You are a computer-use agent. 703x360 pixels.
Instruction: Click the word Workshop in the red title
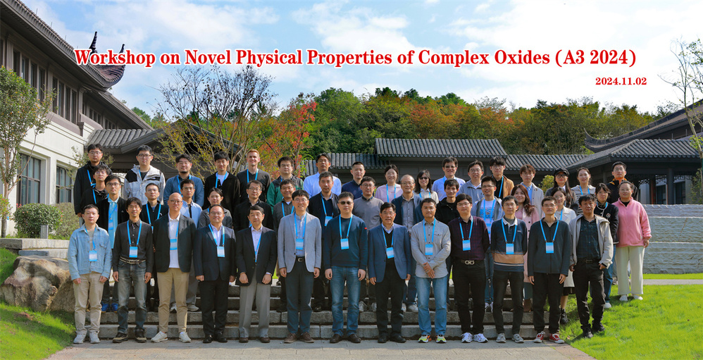coord(115,57)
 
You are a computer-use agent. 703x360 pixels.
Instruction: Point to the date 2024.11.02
coord(621,81)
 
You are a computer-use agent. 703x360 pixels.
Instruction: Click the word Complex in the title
coord(451,58)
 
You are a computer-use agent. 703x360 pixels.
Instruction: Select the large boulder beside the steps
coord(36,283)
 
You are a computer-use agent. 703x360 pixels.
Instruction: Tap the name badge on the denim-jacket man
coord(93,256)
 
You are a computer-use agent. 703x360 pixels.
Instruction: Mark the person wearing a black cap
coord(561,186)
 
